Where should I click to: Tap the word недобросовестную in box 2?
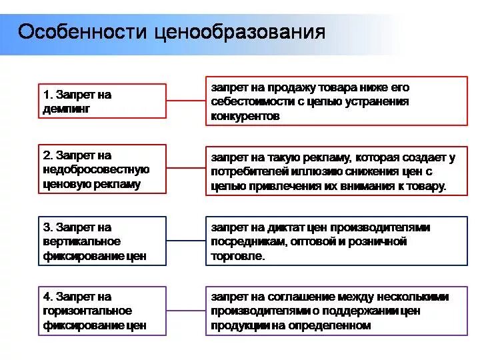pos(96,169)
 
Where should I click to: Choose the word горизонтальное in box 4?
pos(87,311)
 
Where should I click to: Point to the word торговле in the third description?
pos(238,256)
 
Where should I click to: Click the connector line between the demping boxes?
pos(186,101)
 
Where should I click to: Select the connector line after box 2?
pos(186,169)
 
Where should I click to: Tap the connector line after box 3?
pos(186,241)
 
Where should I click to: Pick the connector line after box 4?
pos(186,311)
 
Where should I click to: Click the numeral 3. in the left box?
pos(48,227)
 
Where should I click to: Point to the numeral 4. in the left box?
pos(48,297)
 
